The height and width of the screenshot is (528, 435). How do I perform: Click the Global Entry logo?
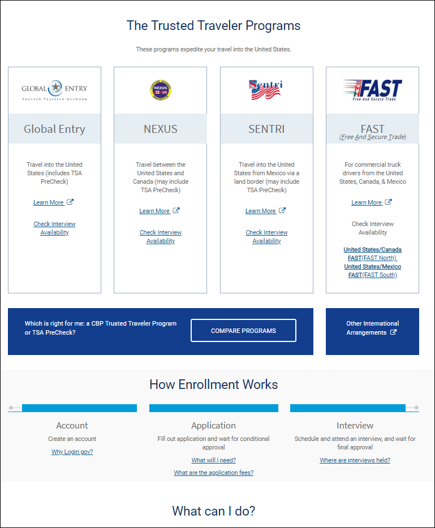54,89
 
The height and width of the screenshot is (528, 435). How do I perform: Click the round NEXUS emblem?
161,90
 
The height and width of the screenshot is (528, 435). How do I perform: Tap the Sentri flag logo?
266,89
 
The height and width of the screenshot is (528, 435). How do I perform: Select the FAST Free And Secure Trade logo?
372,90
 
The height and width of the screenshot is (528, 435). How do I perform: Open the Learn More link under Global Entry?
49,202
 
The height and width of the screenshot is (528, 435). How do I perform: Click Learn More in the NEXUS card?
154,211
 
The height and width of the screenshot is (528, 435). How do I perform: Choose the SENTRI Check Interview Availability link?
266,236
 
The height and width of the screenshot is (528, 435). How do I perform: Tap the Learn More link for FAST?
367,202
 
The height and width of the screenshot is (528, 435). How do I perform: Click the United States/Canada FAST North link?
372,253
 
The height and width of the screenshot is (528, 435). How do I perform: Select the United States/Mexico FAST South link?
372,270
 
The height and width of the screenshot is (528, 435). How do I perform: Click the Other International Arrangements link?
372,328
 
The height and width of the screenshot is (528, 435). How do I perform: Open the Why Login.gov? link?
72,452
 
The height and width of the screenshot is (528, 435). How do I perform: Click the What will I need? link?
213,460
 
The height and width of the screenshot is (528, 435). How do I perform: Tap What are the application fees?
213,473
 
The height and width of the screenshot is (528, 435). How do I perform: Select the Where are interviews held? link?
355,460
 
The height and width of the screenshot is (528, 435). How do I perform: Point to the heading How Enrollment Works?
213,384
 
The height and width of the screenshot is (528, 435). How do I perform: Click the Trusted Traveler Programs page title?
213,25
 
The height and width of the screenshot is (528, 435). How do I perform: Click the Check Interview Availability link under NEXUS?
161,236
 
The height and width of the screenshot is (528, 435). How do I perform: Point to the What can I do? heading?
213,511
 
